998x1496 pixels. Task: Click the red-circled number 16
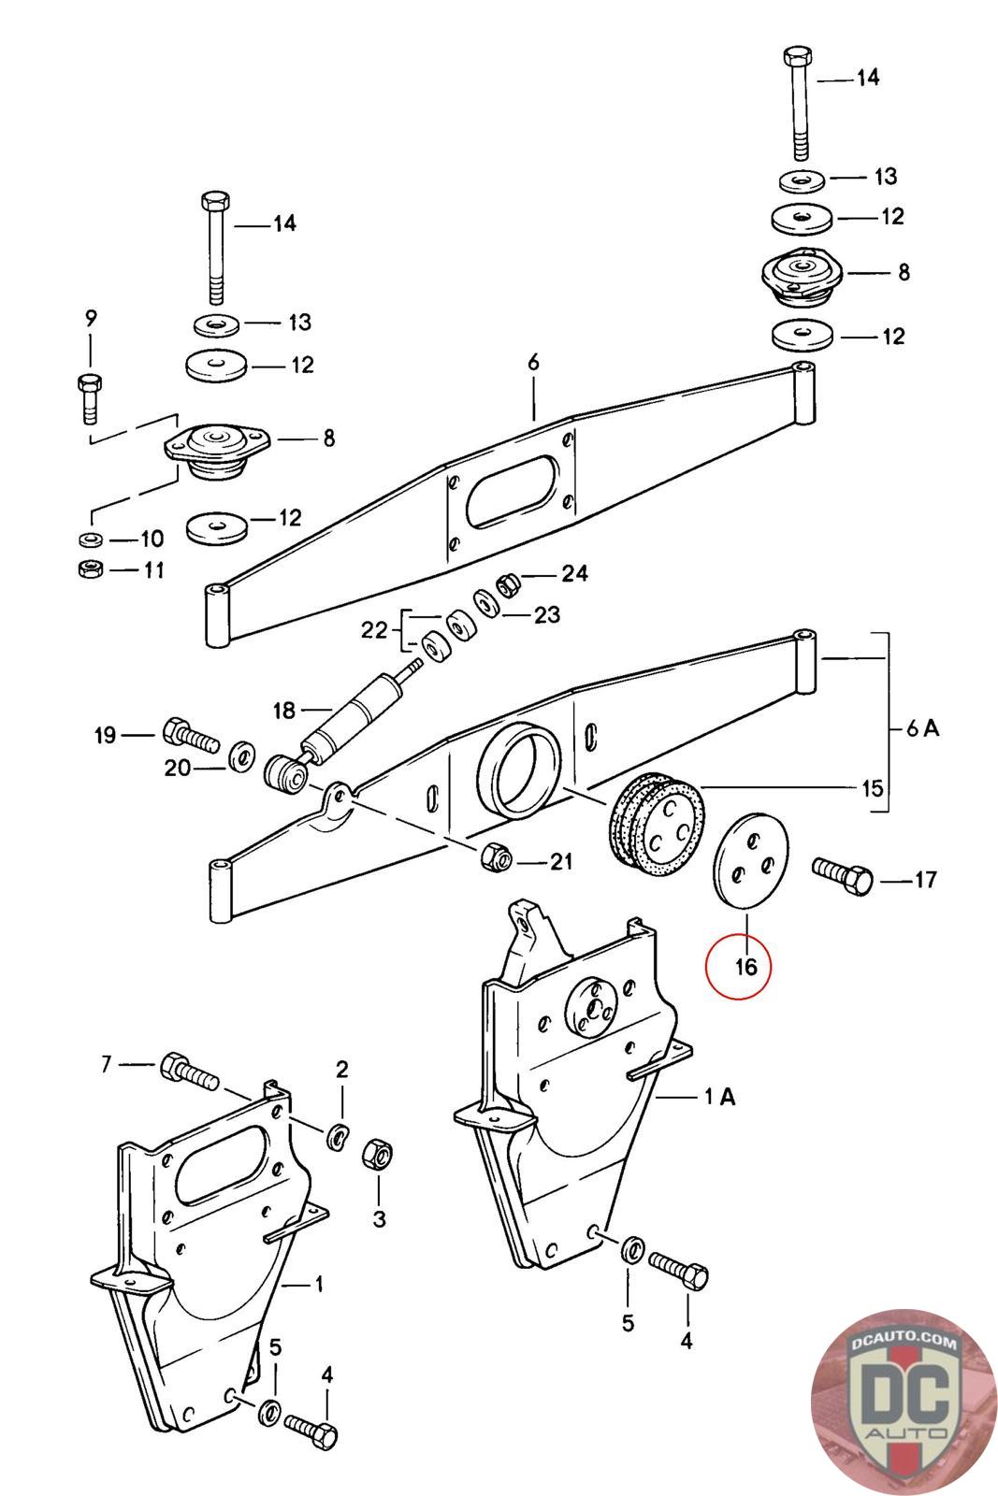point(745,966)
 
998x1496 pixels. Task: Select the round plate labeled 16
point(752,859)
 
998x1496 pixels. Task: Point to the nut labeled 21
point(495,856)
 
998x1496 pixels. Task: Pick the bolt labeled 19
point(191,735)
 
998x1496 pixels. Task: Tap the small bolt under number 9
point(91,399)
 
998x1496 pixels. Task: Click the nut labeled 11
point(90,569)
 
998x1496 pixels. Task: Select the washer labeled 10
point(90,539)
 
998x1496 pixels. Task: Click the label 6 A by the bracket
point(922,728)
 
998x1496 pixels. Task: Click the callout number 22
point(373,629)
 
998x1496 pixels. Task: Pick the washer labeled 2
point(339,1136)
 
